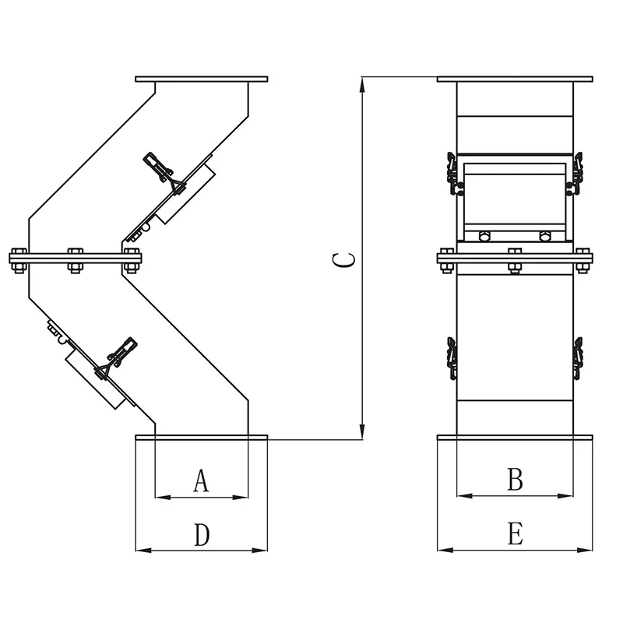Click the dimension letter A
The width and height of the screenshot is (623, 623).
pyautogui.click(x=201, y=481)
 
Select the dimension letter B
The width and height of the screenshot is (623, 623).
pyautogui.click(x=515, y=480)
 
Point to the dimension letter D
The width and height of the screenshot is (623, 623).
pyautogui.click(x=202, y=535)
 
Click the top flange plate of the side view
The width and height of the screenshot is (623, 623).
pyautogui.click(x=201, y=79)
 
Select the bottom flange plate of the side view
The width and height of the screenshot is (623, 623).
pyautogui.click(x=201, y=437)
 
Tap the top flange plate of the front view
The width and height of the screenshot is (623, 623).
pyautogui.click(x=515, y=79)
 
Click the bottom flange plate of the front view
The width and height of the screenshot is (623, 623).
pyautogui.click(x=515, y=438)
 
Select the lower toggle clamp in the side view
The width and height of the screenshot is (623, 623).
pyautogui.click(x=117, y=357)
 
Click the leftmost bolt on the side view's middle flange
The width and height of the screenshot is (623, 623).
pyautogui.click(x=19, y=259)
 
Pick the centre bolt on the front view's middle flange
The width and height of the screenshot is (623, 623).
pyautogui.click(x=514, y=259)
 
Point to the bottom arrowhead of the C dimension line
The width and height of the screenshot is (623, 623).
pyautogui.click(x=362, y=432)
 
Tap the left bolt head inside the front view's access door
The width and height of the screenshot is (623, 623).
pyautogui.click(x=484, y=236)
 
